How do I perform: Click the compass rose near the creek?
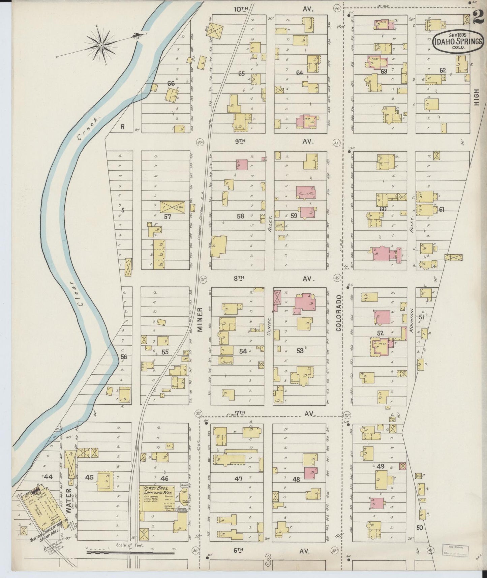101,45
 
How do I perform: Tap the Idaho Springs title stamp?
458,42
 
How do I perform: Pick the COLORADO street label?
338,313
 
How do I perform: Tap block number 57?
167,216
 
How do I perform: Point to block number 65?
241,73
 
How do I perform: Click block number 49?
381,467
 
